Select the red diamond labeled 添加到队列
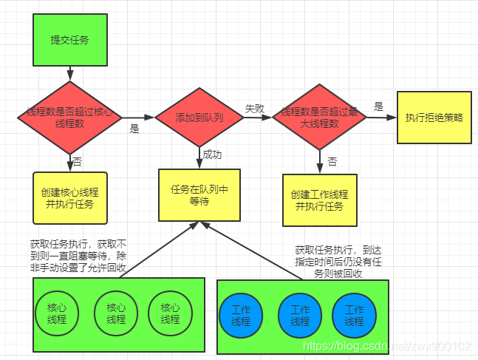point(199,118)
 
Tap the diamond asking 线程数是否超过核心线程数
point(70,118)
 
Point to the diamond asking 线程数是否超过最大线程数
point(319,118)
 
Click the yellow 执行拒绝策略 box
point(434,118)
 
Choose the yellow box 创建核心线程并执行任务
point(70,197)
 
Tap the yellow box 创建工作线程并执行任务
point(319,200)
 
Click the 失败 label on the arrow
point(254,108)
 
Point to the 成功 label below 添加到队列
point(213,155)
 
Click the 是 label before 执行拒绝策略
point(378,106)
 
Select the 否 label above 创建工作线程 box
point(332,160)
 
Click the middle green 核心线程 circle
point(116,313)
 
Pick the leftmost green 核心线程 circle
point(56,313)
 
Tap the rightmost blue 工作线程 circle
point(354,316)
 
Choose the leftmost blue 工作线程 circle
point(240,316)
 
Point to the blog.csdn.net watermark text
point(388,346)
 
